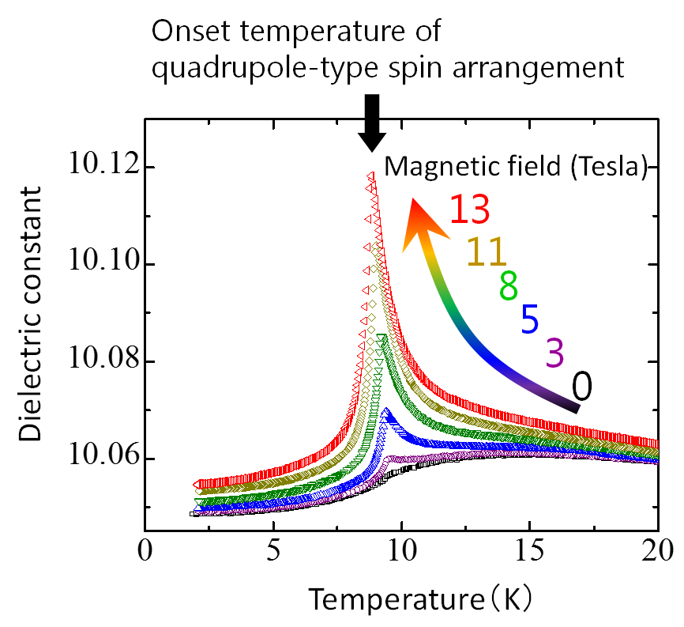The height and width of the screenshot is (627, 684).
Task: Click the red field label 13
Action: coord(471,210)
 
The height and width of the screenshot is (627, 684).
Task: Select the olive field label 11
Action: coord(487,252)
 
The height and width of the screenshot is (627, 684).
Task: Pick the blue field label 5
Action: coord(530,319)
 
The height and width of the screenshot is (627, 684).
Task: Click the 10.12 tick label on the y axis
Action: coord(99,168)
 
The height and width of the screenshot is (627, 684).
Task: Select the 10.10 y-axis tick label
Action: coord(99,264)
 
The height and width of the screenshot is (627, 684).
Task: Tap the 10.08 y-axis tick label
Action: coord(99,361)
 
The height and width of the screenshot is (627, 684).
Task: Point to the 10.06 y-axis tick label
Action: coord(99,459)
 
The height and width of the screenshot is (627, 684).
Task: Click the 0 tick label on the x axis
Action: coord(145,549)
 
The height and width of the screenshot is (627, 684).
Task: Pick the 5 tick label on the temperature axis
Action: coord(272,549)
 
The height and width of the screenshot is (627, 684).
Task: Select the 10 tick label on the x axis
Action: coord(401,549)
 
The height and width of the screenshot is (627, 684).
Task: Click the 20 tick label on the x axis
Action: coord(657,549)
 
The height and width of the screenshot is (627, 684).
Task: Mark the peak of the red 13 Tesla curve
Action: coord(370,176)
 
